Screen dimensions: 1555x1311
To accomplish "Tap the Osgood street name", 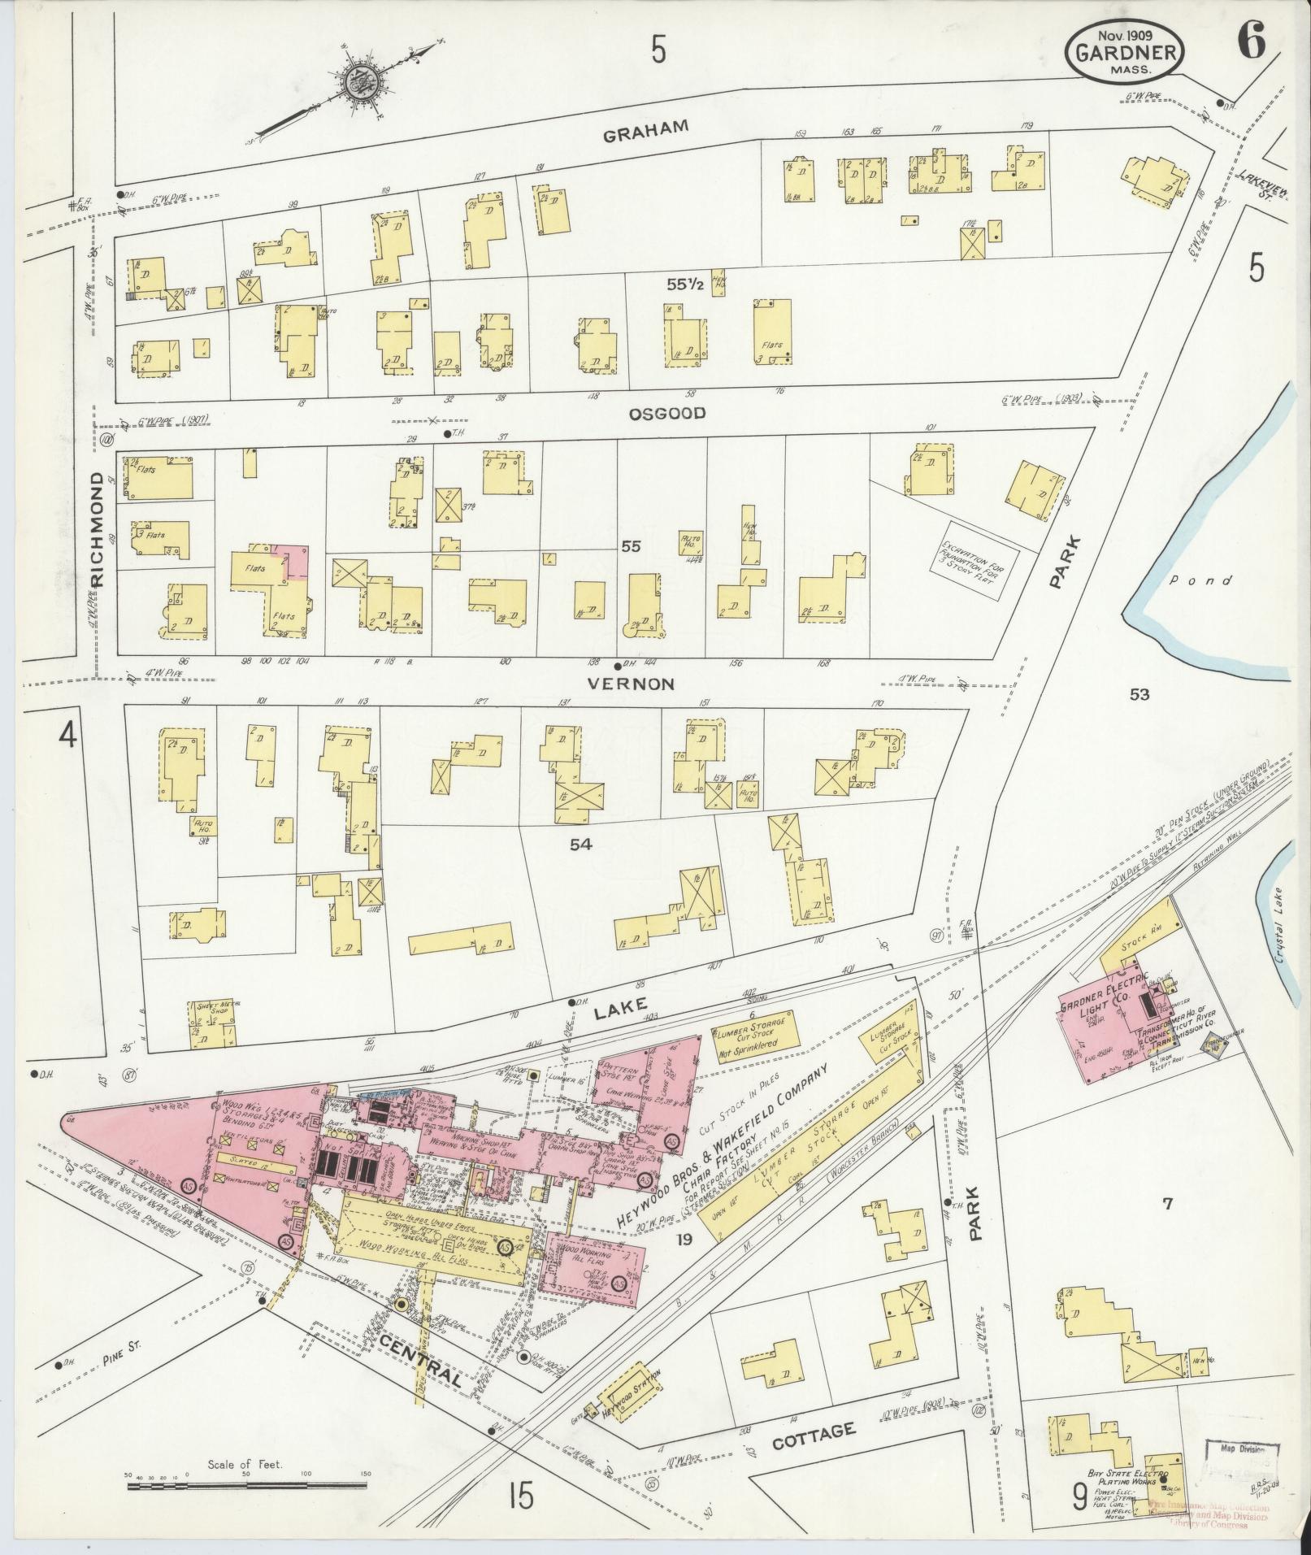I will pyautogui.click(x=666, y=414).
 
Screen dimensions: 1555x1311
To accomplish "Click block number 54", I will pyautogui.click(x=580, y=845).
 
